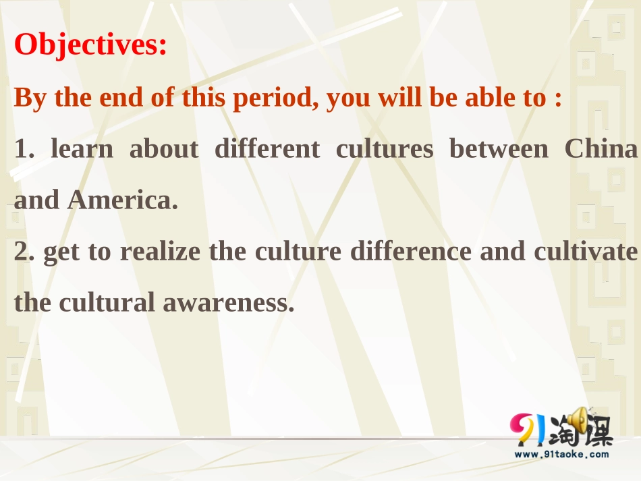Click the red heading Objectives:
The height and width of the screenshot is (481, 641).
tap(90, 45)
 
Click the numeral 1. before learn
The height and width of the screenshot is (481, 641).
tap(24, 149)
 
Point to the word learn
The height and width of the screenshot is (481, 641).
tap(82, 149)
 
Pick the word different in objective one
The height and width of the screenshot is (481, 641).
tap(267, 149)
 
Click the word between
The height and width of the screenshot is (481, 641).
tap(499, 149)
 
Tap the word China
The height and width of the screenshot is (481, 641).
tap(601, 149)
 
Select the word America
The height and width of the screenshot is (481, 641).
tap(122, 200)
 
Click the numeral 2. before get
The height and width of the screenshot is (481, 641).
tap(24, 252)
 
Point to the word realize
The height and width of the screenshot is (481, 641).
tap(160, 252)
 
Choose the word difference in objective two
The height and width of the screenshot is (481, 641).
tap(410, 252)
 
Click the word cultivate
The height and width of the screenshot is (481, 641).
tap(585, 252)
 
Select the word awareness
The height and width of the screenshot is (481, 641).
tap(228, 303)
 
